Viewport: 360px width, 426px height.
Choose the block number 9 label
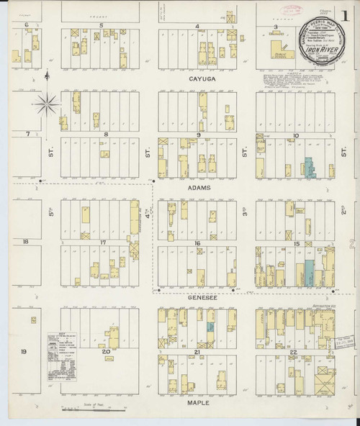198,134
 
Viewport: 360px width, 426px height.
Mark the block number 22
294,350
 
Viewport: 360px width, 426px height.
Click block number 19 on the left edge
23,351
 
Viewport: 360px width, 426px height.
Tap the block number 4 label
197,26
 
